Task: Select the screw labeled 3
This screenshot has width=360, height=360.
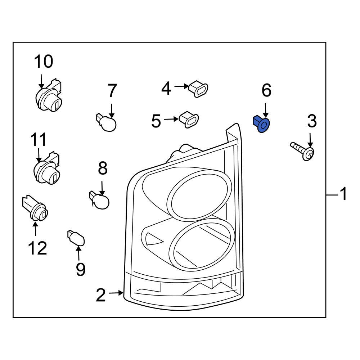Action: (302, 151)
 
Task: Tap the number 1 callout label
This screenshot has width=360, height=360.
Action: (343, 194)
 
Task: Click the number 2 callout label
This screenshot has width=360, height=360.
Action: (101, 295)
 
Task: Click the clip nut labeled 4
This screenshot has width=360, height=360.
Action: (199, 88)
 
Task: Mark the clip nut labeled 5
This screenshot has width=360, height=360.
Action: (189, 119)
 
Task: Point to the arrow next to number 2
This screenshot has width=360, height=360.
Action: (116, 293)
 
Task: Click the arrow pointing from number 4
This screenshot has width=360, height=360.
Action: (181, 86)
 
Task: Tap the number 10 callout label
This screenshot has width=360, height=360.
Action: (44, 62)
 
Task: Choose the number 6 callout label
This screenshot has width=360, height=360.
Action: (266, 90)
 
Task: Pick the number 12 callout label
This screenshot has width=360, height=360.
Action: (37, 248)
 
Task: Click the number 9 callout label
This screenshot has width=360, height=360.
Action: (80, 269)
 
